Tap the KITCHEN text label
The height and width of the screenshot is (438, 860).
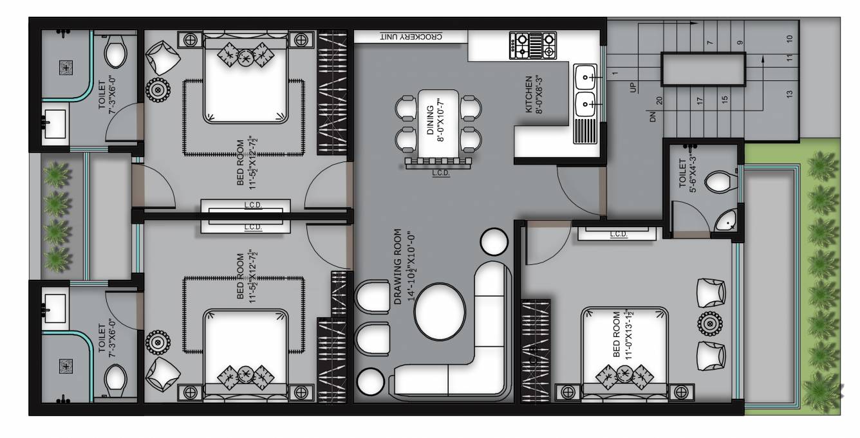coord(534,95)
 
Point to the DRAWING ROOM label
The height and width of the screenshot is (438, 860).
coord(404,266)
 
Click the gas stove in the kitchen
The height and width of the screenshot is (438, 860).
coord(532,46)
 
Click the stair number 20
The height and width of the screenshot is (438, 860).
coord(659,101)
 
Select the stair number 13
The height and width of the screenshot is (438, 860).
coord(789,93)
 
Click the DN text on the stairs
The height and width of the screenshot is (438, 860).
coord(651,117)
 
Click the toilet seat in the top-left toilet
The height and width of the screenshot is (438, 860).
coord(115,51)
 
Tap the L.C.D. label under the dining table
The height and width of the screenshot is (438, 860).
coord(440,173)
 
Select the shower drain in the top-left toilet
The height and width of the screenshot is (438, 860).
coord(66,67)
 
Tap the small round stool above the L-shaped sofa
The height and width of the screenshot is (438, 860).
coord(494,242)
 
